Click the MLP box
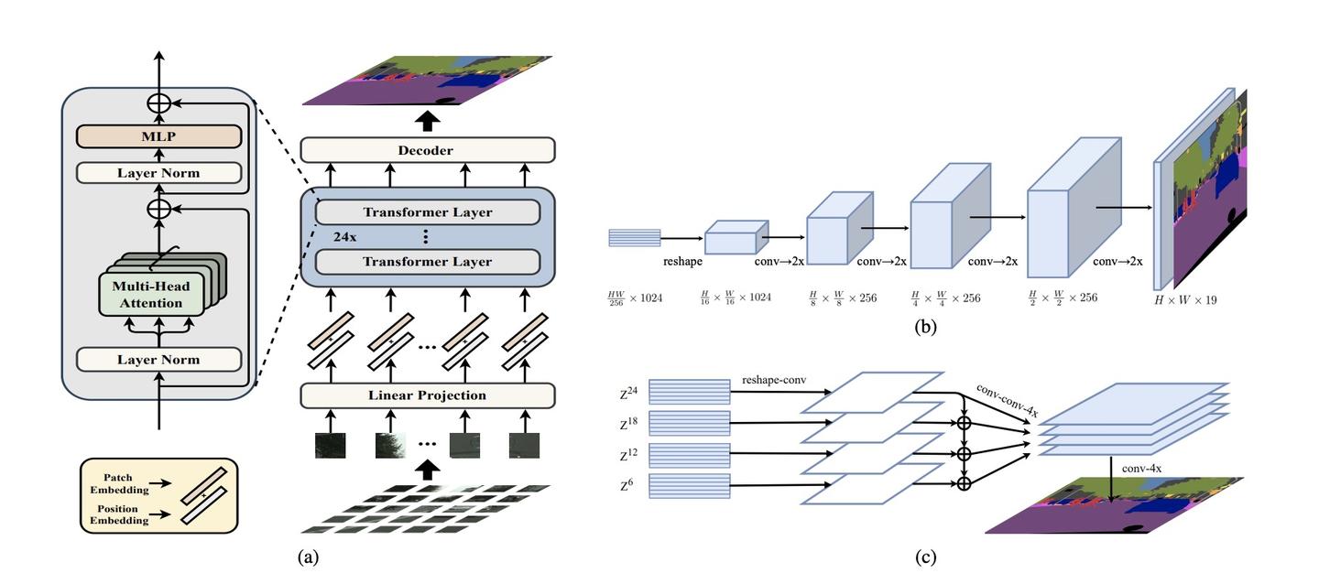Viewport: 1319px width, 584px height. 158,137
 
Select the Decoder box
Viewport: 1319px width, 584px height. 427,150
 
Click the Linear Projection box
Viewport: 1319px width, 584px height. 427,395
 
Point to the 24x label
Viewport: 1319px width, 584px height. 344,236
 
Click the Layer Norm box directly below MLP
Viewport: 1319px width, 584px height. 158,173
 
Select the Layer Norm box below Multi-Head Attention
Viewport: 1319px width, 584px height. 158,360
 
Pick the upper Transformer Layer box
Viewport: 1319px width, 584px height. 427,212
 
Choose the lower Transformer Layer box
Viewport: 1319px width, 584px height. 427,262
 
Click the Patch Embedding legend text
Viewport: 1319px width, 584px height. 118,483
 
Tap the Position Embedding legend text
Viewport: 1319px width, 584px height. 118,514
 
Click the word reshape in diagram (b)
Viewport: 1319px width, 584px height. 682,261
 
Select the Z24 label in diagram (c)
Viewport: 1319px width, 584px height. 628,394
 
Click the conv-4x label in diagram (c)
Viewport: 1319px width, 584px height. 1142,469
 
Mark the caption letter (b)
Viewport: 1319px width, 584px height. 925,324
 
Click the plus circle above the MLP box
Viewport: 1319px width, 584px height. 158,103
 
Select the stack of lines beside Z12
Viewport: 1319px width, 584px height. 690,455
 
